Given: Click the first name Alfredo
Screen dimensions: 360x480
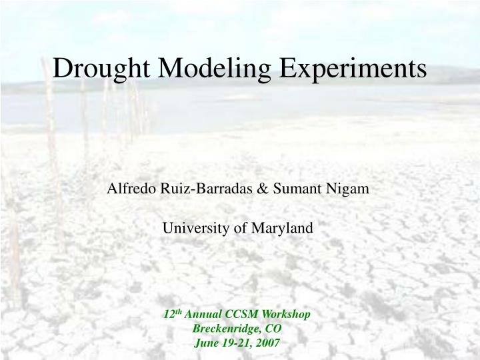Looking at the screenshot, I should (130, 189).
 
